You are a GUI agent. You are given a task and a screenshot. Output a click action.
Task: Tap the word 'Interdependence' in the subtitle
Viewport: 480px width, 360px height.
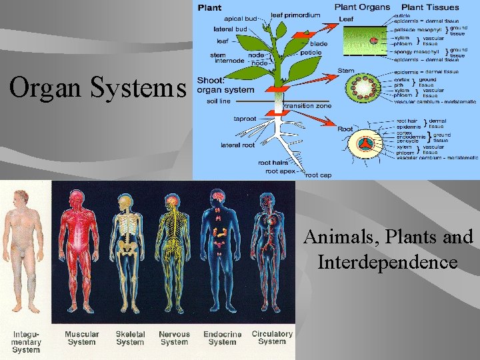pyautogui.click(x=387, y=262)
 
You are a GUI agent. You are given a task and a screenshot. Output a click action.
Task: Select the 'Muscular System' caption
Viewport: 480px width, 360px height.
pyautogui.click(x=82, y=338)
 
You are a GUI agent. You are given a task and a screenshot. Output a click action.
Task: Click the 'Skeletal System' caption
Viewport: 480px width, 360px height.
pyautogui.click(x=129, y=338)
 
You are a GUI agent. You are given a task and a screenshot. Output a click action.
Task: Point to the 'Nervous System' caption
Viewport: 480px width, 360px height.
pyautogui.click(x=174, y=338)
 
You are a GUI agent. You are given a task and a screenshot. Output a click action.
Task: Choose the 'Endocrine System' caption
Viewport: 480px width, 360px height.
pyautogui.click(x=222, y=338)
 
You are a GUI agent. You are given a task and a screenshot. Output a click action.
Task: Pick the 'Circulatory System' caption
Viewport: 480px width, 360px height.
pyautogui.click(x=272, y=337)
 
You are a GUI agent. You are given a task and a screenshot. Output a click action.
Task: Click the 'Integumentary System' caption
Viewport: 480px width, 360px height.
pyautogui.click(x=27, y=341)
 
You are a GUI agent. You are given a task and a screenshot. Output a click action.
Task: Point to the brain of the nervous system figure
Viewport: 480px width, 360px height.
pyautogui.click(x=173, y=200)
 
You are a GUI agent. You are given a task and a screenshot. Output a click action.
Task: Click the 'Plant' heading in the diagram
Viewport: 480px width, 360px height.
pyautogui.click(x=210, y=7)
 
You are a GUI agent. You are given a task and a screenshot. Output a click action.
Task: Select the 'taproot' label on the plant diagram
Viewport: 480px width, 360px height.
pyautogui.click(x=245, y=119)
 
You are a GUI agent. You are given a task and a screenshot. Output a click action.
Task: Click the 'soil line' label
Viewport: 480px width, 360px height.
pyautogui.click(x=219, y=101)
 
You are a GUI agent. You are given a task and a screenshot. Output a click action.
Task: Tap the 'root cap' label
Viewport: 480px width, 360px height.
pyautogui.click(x=318, y=175)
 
